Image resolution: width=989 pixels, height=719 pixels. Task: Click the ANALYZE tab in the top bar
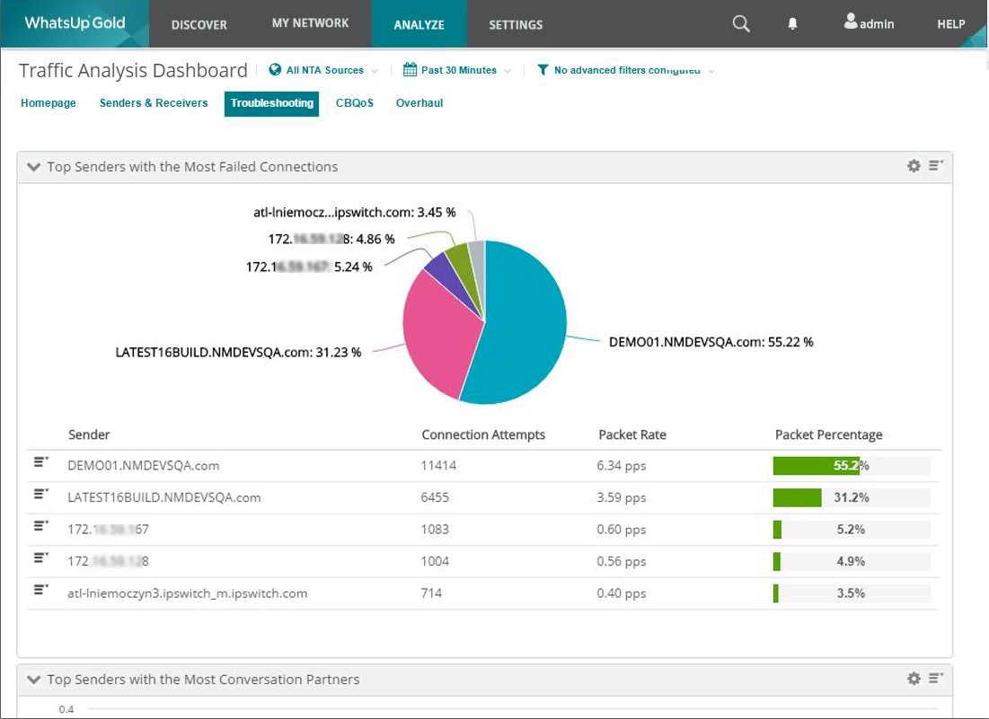tap(419, 24)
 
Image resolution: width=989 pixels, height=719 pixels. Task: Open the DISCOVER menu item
tap(199, 24)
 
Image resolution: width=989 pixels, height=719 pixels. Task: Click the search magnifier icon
tap(741, 24)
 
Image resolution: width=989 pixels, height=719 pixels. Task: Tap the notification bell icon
tap(792, 24)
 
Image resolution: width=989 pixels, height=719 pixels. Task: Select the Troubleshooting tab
tap(271, 103)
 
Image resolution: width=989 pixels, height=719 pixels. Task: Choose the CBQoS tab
tap(354, 103)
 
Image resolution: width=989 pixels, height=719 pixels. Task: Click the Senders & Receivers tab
tap(154, 103)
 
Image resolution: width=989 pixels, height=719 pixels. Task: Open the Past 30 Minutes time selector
tap(458, 70)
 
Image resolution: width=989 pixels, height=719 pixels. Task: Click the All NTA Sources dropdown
tap(324, 70)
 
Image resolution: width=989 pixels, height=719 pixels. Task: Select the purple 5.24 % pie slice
tap(437, 267)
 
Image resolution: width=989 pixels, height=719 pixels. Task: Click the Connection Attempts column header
tap(483, 434)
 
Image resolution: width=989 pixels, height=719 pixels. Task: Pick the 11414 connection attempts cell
tap(439, 466)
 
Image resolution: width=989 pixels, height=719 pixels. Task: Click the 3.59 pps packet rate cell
tap(621, 497)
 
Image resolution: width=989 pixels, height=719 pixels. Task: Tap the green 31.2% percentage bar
tap(798, 497)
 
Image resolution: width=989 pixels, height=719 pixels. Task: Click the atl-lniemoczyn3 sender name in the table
tap(188, 593)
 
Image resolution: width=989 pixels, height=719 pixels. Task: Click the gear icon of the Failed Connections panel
tap(914, 166)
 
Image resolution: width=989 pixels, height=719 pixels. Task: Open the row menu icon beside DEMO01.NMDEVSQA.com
tap(40, 465)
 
